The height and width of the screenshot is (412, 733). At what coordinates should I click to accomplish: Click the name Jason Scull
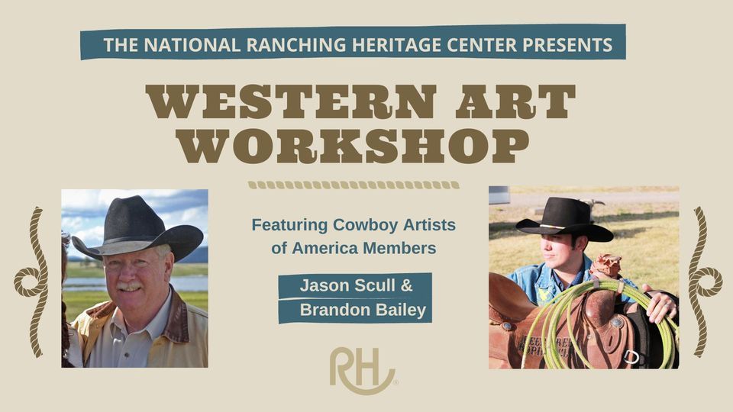349,286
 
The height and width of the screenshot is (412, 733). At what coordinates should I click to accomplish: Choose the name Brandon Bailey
362,311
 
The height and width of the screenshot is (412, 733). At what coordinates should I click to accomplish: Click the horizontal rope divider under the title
354,185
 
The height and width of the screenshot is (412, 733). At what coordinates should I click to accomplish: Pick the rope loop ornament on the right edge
703,282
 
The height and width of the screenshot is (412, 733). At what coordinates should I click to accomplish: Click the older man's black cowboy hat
138,226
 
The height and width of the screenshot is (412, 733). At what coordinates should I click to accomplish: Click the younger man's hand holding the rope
661,305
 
